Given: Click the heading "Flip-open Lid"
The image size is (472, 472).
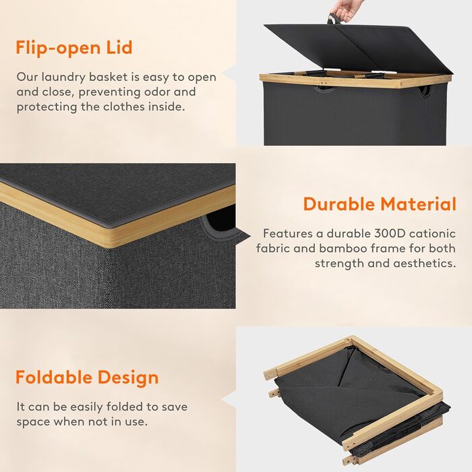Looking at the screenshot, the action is [x=74, y=48].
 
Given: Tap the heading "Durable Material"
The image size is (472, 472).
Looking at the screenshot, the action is [x=380, y=204].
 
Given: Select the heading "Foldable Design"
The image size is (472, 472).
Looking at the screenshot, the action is [x=87, y=378].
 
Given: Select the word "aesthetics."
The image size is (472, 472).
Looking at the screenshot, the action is [x=424, y=264].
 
